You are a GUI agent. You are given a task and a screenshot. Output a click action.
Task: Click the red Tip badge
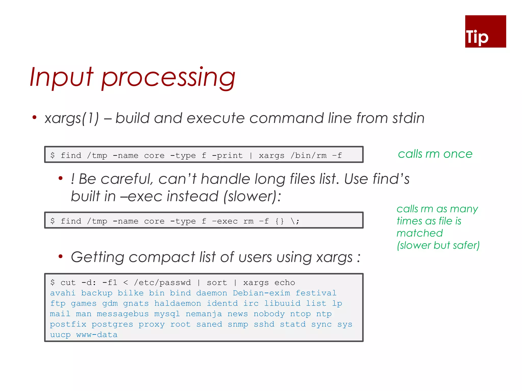[485, 31]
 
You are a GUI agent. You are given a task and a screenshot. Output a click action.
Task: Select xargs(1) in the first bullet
[72, 118]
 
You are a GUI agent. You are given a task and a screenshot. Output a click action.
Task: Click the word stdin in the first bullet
[408, 118]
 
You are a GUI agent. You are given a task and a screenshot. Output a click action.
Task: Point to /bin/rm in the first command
[308, 155]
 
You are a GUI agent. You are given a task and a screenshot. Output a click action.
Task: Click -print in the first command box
[227, 155]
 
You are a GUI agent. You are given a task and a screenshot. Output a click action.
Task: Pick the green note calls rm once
[435, 154]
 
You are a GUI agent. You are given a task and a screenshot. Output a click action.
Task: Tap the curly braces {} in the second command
[280, 221]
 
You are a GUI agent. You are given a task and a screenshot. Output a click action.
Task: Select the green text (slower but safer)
[438, 245]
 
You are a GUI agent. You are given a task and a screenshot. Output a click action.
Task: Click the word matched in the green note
[420, 233]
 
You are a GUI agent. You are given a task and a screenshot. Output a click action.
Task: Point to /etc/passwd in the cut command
[162, 283]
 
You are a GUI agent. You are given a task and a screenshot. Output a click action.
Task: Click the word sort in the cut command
[217, 283]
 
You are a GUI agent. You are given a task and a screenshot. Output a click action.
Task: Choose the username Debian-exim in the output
[261, 293]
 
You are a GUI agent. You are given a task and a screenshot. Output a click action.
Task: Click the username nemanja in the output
[204, 314]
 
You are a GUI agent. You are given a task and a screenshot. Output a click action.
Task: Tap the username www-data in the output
[97, 335]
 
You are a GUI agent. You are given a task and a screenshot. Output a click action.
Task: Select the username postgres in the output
[112, 324]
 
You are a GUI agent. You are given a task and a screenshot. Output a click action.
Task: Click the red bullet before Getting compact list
[60, 256]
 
